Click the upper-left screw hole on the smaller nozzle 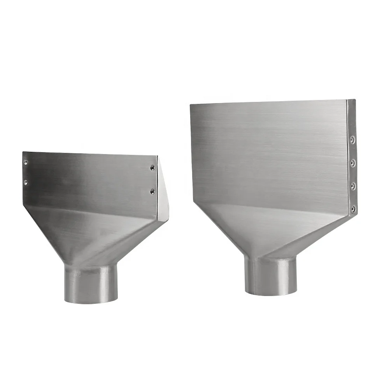point(26,162)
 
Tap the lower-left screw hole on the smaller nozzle point(26,182)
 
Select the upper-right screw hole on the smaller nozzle point(152,167)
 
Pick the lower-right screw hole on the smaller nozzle point(152,191)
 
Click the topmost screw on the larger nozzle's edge point(352,138)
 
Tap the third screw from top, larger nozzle point(353,186)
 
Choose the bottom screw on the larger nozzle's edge point(353,209)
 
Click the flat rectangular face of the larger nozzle point(268,152)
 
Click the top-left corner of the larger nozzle point(191,104)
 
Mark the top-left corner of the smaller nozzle point(23,152)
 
